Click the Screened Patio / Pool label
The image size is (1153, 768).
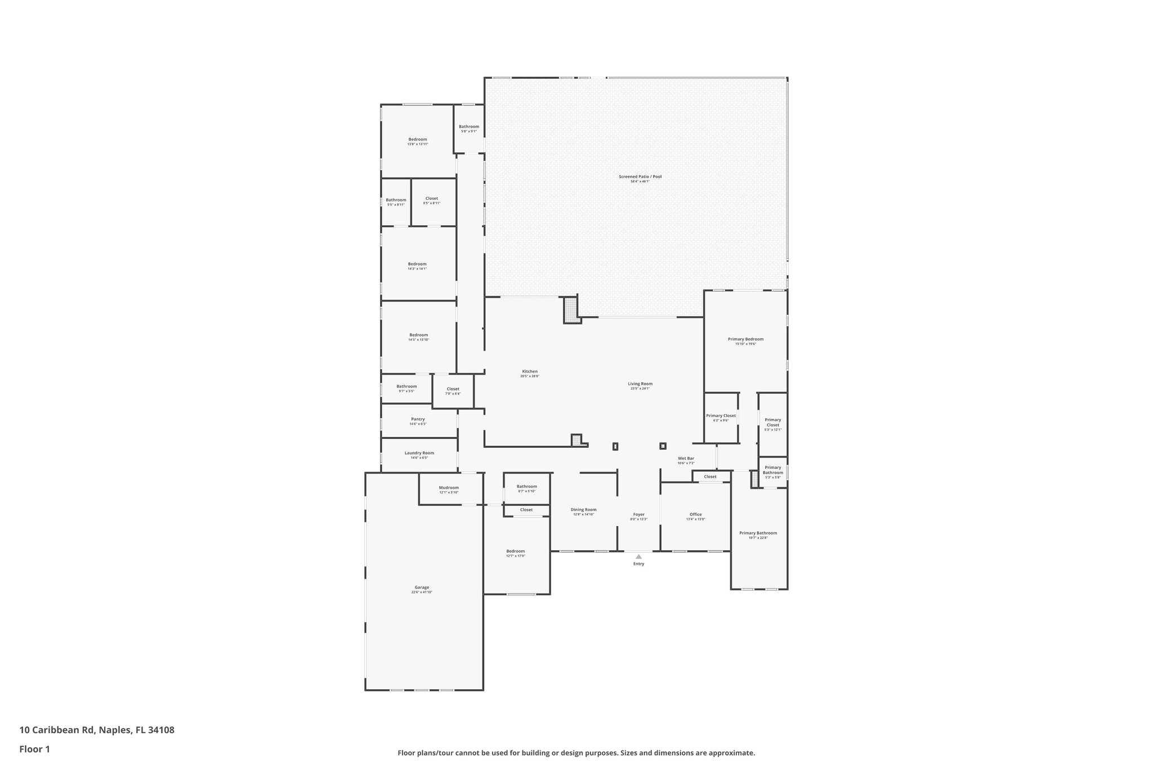pos(640,177)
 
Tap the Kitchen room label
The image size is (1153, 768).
pos(530,371)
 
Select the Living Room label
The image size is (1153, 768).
pos(640,384)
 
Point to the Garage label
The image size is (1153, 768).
pos(422,587)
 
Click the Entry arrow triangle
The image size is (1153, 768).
pos(638,556)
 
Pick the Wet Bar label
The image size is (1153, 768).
pos(686,459)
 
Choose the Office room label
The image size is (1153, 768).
pos(696,514)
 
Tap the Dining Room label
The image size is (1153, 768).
pos(583,510)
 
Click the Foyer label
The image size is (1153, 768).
pos(638,514)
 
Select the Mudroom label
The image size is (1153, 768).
pos(449,488)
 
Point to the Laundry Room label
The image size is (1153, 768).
pos(419,453)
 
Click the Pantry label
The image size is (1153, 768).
pos(418,419)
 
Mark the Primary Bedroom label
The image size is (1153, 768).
pos(745,339)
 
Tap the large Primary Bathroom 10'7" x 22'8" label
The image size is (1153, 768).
pos(758,533)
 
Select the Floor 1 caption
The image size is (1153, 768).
pos(34,749)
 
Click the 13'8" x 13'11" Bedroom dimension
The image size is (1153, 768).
pos(418,145)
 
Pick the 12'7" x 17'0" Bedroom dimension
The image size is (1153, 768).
pos(515,556)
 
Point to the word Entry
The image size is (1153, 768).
pos(638,564)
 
